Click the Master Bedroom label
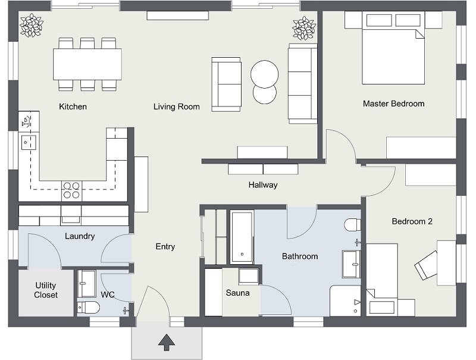coord(393,104)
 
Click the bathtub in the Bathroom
coord(242,236)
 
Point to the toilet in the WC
coord(90,307)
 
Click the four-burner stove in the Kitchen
coord(71,190)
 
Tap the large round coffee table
coord(264,75)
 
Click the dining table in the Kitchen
coord(87,64)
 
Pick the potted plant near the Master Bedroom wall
coord(303,28)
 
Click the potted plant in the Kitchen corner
coord(31,25)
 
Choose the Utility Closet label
coord(46,290)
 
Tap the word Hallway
coord(263,185)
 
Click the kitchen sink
coord(28,142)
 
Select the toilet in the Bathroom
coord(352,225)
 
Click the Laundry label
coord(80,236)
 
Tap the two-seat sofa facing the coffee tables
coord(227,84)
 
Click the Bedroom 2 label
coord(412,221)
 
